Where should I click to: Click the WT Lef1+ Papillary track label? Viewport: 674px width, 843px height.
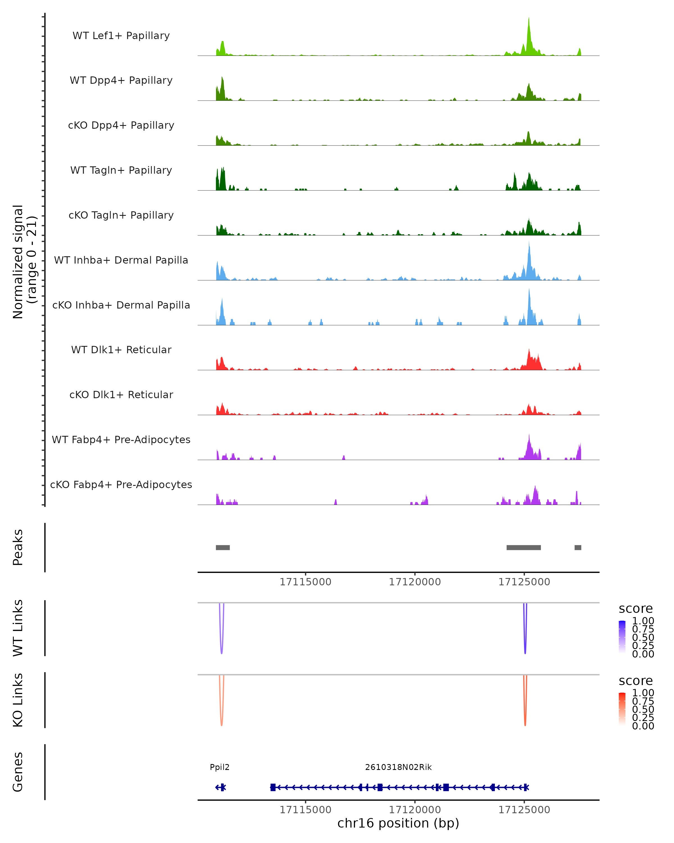pos(121,36)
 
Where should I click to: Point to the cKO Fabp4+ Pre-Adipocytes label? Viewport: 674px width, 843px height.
pos(121,484)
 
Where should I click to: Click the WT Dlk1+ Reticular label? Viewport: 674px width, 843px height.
pos(121,350)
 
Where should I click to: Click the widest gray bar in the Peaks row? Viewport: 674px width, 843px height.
pos(523,547)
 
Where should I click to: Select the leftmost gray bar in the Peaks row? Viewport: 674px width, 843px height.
pos(223,547)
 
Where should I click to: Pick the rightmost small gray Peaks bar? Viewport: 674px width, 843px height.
pos(578,547)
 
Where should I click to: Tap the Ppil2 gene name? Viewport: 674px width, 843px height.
pos(220,767)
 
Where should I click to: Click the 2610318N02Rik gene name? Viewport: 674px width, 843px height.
pos(398,767)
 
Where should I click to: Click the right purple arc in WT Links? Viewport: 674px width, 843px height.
pos(525,649)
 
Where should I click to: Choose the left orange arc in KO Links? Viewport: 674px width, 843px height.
pos(222,721)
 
